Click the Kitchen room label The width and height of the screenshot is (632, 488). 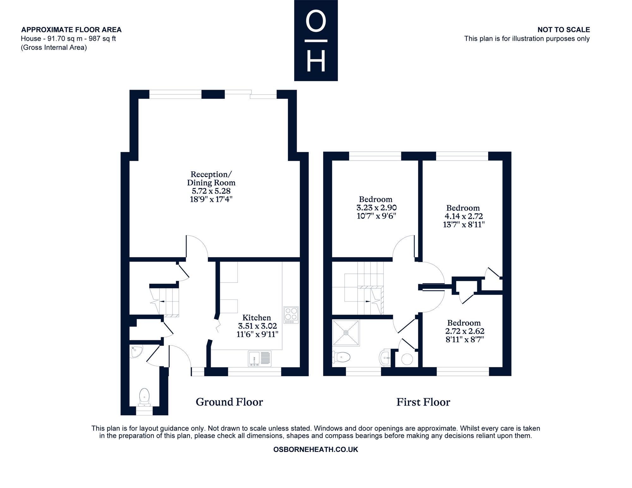pos(257,317)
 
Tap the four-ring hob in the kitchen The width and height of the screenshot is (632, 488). pos(291,315)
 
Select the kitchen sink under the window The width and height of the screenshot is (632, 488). pos(260,359)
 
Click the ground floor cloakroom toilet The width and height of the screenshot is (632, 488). pos(144,397)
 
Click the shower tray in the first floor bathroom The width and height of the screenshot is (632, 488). pos(346,333)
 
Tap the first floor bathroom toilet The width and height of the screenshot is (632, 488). pos(341,357)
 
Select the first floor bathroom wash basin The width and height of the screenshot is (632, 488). pos(385,358)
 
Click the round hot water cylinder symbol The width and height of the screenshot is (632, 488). pos(407,359)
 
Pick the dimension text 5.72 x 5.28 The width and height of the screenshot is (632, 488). pos(211,191)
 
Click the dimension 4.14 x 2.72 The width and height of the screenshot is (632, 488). pos(464,216)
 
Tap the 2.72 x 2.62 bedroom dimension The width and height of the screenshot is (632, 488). pos(465,331)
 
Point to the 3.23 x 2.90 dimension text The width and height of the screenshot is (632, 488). pos(376,208)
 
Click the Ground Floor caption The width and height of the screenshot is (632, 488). pos(229,402)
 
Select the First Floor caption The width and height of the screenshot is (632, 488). pos(423,402)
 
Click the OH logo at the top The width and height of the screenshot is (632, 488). pos(316,40)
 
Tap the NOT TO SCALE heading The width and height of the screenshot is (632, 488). pos(564,30)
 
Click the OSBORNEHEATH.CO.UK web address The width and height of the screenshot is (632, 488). pos(316,449)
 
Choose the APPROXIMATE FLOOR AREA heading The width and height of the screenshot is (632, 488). pos(71,30)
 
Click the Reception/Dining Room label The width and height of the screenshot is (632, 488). pos(211,178)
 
